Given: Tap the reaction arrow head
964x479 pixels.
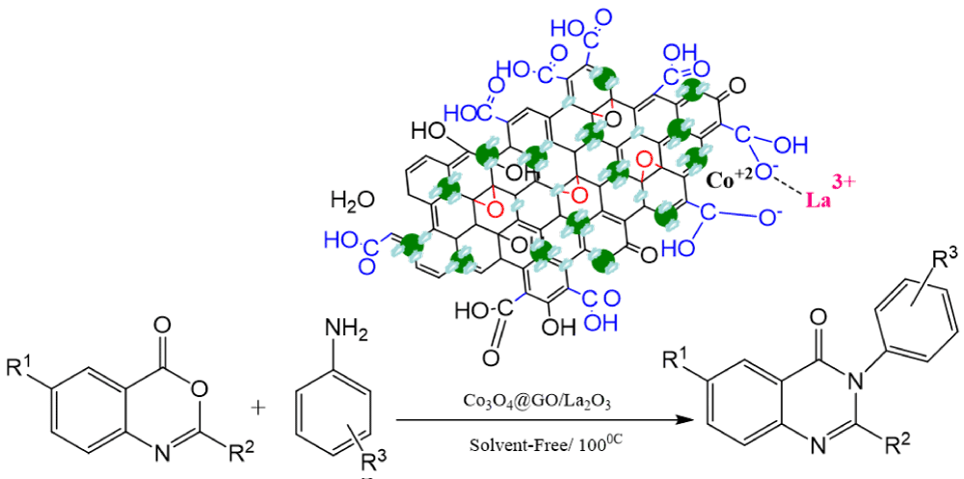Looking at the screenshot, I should click(685, 421).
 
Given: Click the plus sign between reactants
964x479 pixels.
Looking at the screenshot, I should click(257, 408).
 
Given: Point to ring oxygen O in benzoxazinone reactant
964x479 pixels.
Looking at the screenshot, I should click(201, 389).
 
